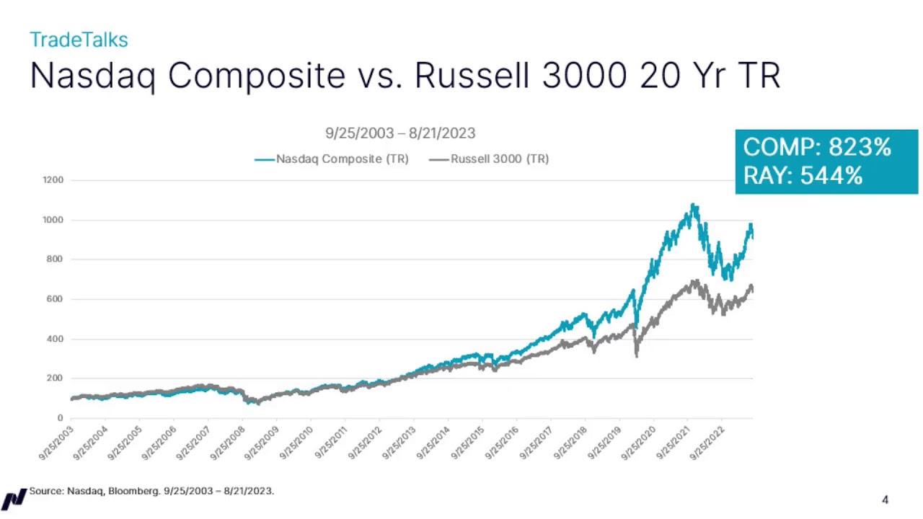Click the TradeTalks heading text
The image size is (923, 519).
click(79, 40)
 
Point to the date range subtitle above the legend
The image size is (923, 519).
click(400, 133)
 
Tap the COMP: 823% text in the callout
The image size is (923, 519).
click(817, 148)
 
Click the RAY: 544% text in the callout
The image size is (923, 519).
click(803, 175)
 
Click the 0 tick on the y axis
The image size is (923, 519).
click(60, 418)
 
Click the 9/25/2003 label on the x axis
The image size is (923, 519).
click(56, 443)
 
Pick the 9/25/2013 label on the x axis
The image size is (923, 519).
click(399, 443)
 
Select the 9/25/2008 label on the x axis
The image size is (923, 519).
click(227, 443)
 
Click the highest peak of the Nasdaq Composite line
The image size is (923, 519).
click(694, 205)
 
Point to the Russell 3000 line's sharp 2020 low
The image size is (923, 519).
click(636, 355)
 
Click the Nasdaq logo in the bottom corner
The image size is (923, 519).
click(13, 499)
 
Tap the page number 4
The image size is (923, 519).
click(885, 500)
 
